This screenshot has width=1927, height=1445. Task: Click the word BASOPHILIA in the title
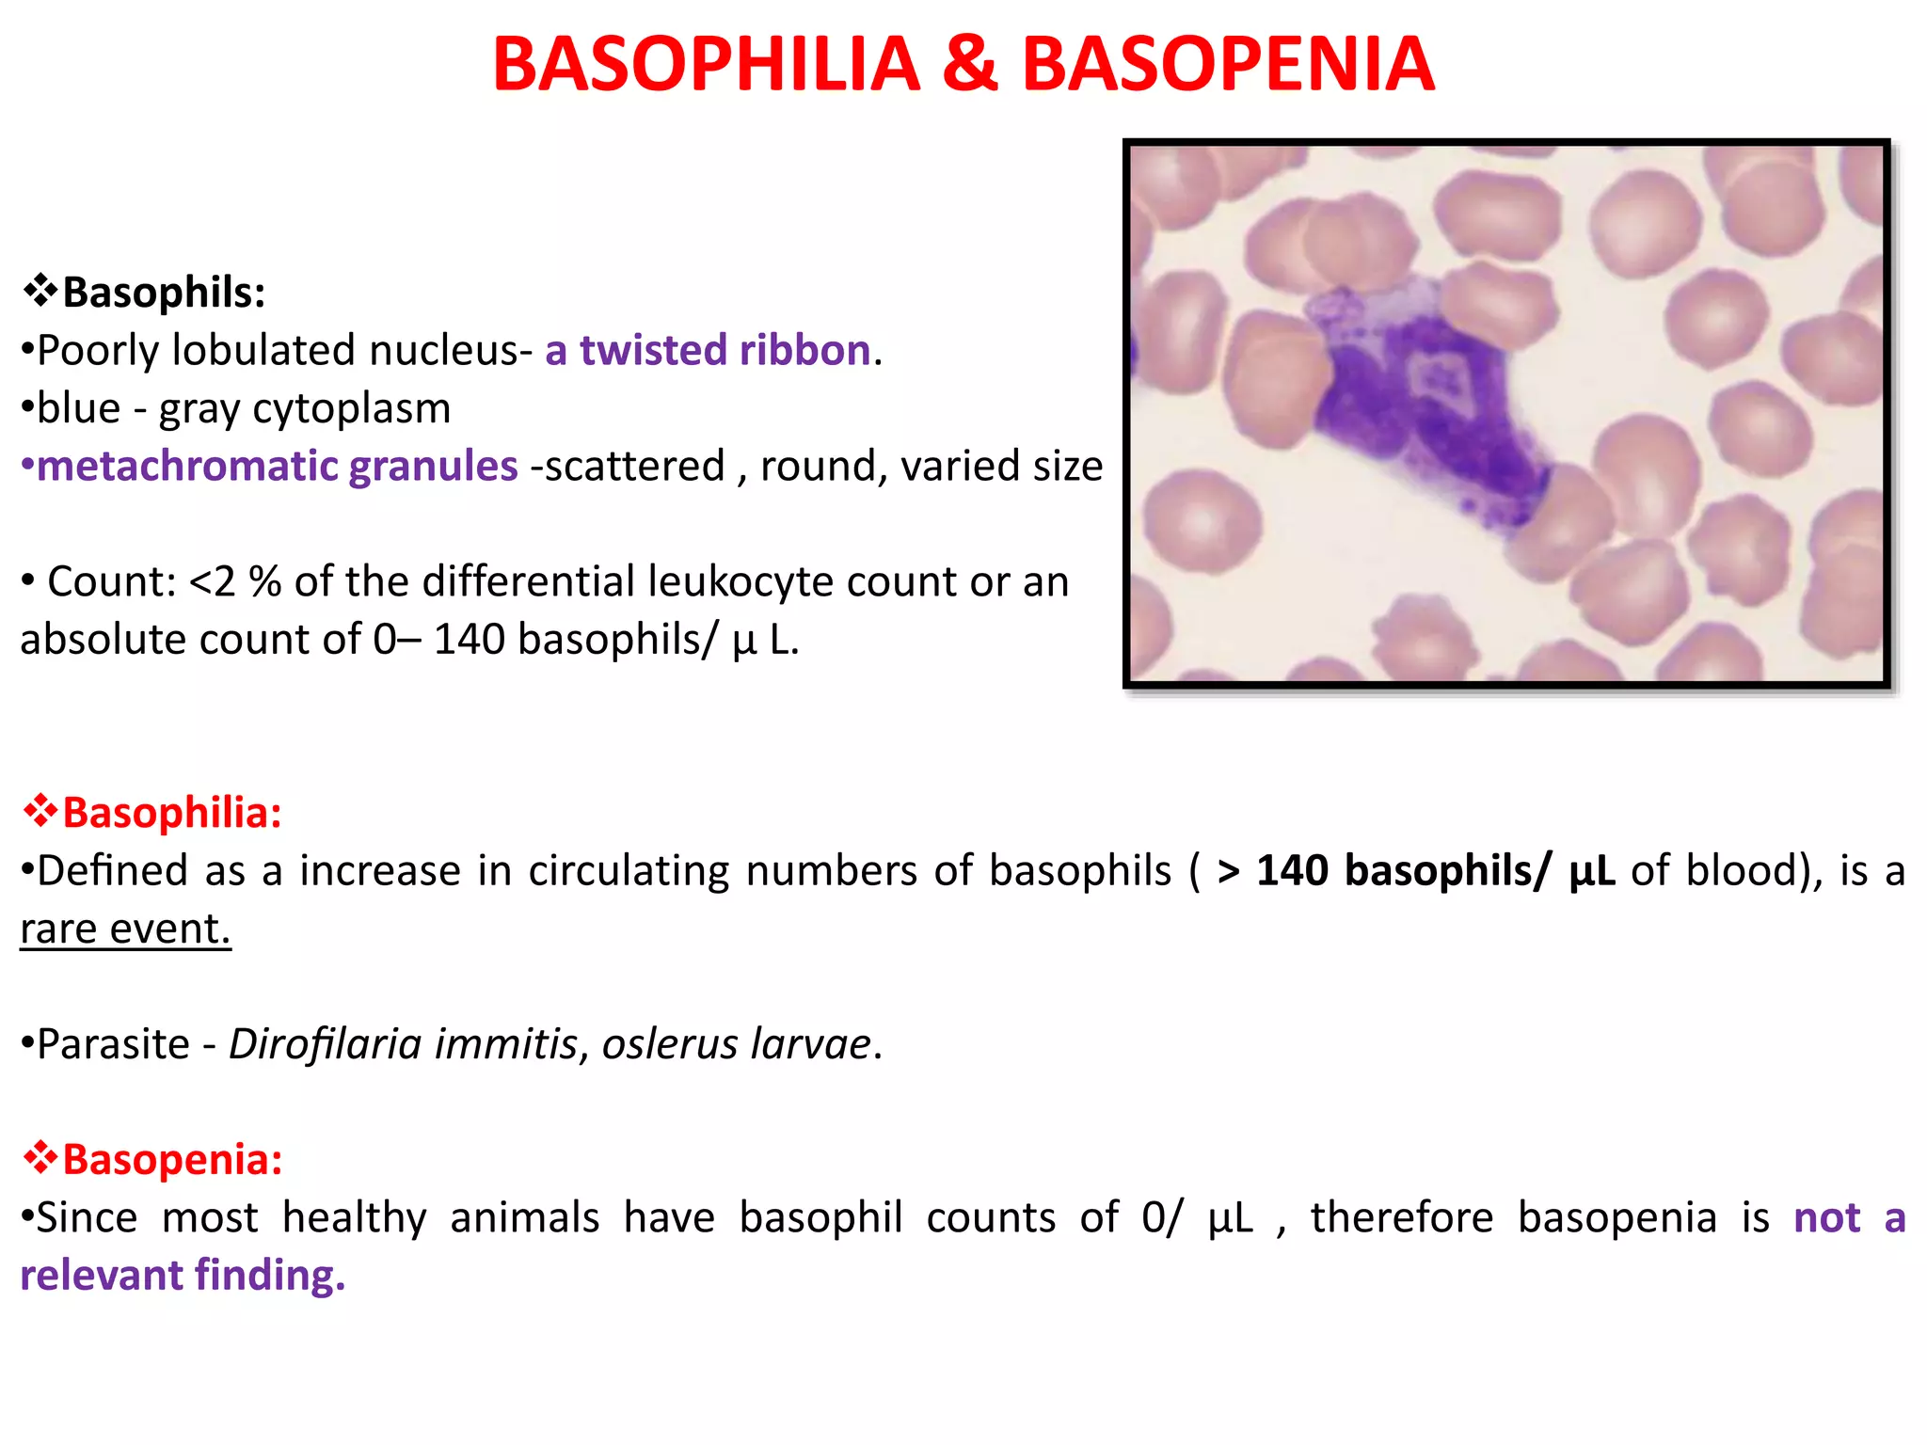[x=706, y=64]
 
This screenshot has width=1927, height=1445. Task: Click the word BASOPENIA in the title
[x=1228, y=64]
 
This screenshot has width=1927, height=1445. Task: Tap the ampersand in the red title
[x=969, y=64]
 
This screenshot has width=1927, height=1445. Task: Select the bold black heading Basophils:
[x=164, y=293]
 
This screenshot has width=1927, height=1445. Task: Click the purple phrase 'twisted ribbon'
[x=725, y=350]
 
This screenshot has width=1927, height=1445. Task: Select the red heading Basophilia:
[x=171, y=813]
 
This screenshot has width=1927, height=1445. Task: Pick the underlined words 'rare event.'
[x=125, y=929]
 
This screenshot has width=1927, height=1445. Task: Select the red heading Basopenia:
[x=171, y=1160]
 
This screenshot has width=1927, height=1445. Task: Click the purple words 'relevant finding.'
[x=183, y=1276]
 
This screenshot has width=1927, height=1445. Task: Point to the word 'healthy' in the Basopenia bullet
[x=355, y=1218]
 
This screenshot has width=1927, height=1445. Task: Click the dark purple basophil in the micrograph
[x=1421, y=414]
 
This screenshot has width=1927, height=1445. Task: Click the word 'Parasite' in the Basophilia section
[x=113, y=1044]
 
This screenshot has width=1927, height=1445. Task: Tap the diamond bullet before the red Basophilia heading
[x=40, y=812]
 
